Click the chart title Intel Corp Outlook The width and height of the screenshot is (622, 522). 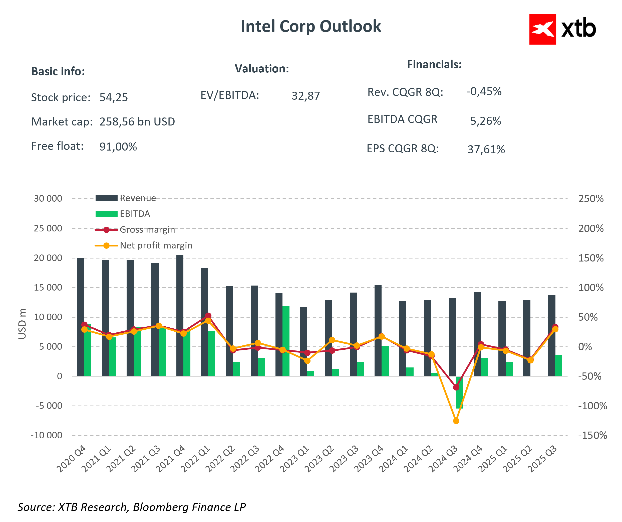pos(310,26)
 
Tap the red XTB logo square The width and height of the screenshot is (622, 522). pos(542,29)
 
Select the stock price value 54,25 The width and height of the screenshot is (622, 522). pos(113,97)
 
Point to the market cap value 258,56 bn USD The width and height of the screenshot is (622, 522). pos(137,121)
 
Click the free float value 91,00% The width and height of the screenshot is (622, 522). pos(118,147)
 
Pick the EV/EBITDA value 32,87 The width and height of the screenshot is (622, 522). pos(306,96)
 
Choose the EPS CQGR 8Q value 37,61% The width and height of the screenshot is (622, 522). pos(486,150)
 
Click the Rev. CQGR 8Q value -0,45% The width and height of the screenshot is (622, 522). pos(484,91)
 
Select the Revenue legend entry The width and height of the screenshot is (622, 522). pos(138,198)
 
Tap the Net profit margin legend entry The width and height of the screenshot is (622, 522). pos(156,245)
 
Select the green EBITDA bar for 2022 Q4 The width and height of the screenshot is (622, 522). pos(286,341)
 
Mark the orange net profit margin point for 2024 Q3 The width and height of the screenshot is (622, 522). pos(456,421)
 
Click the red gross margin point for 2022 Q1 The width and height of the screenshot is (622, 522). pos(208,316)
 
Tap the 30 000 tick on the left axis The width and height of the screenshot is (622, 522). pos(48,198)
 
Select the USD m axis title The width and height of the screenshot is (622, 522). pos(22,324)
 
